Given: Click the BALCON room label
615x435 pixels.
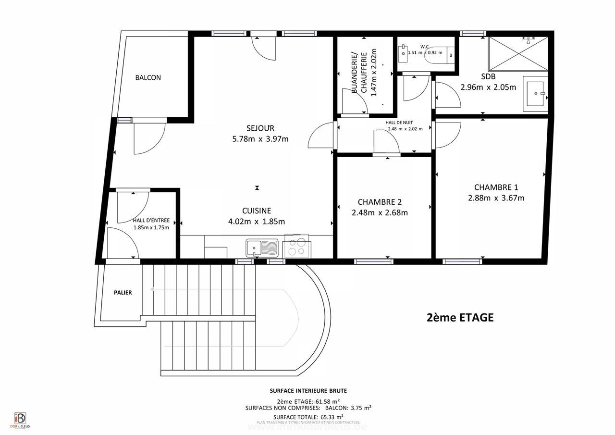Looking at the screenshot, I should pos(148,78).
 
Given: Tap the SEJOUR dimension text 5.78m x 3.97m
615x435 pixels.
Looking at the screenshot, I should pos(260,139).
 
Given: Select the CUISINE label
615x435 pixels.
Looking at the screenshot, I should pos(257,211).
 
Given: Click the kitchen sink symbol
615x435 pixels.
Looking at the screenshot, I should pos(262,248).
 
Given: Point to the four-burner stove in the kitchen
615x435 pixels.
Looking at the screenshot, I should pos(296,247).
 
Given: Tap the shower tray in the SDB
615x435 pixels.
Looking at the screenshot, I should pos(518,53).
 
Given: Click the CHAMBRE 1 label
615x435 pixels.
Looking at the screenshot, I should pos(496,187).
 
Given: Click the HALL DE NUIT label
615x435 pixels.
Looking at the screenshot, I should pos(399,123).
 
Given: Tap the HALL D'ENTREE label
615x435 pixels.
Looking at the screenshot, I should pos(151,221).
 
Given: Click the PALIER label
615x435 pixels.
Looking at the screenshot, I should pos(123,293).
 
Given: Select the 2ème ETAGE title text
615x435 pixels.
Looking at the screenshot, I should pos(460,318).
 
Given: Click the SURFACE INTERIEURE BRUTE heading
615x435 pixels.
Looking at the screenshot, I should pos(308,391).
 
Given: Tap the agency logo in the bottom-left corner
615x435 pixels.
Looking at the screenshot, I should pos(20,419).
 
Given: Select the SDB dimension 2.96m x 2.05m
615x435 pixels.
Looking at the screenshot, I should pos(488,87).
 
